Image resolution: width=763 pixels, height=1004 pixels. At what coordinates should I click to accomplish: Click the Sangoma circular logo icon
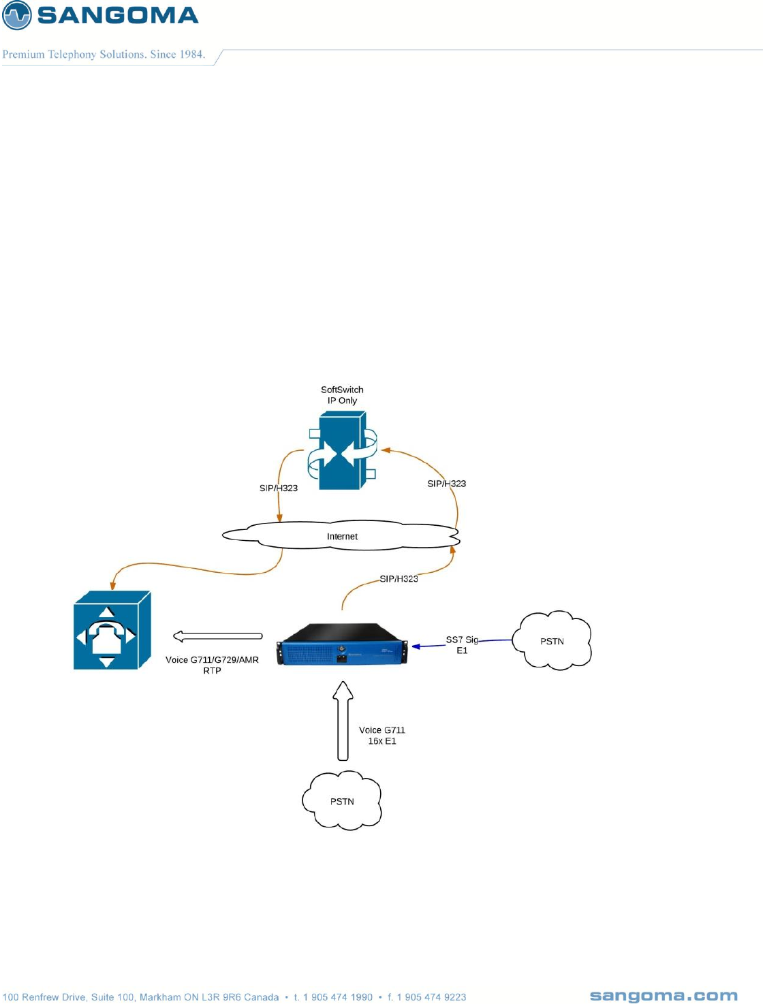(x=17, y=15)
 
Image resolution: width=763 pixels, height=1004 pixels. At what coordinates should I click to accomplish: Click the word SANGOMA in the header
(x=118, y=15)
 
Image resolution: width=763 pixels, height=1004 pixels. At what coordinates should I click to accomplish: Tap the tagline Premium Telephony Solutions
(x=104, y=54)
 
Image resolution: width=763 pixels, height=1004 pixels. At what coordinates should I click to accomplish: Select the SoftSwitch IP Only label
(x=342, y=395)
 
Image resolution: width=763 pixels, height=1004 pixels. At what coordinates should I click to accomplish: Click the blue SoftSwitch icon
(x=343, y=450)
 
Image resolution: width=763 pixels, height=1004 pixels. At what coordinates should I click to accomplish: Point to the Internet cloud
(x=341, y=536)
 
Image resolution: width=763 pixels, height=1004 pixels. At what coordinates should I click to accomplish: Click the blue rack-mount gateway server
(x=342, y=644)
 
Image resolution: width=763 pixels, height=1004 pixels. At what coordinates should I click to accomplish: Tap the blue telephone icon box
(x=111, y=630)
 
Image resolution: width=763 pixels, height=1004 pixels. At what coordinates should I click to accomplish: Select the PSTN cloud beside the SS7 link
(x=552, y=641)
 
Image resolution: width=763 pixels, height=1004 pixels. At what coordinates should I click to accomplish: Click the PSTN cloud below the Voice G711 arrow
(x=342, y=801)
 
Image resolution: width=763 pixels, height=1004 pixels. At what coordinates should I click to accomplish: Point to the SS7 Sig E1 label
(x=462, y=645)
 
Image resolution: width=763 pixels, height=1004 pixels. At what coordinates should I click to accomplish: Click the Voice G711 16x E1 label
(x=382, y=736)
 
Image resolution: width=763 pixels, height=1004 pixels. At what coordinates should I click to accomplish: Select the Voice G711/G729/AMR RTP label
(x=212, y=665)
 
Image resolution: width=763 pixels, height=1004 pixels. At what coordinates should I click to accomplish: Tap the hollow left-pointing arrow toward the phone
(x=217, y=636)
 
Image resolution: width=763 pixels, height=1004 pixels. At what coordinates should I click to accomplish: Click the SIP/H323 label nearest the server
(x=399, y=579)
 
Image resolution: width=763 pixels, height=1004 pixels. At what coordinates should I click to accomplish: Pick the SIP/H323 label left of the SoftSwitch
(x=279, y=488)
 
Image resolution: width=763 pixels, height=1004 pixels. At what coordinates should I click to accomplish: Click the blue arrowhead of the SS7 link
(x=416, y=646)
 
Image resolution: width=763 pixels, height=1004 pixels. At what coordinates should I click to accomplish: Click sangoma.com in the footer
(x=664, y=996)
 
